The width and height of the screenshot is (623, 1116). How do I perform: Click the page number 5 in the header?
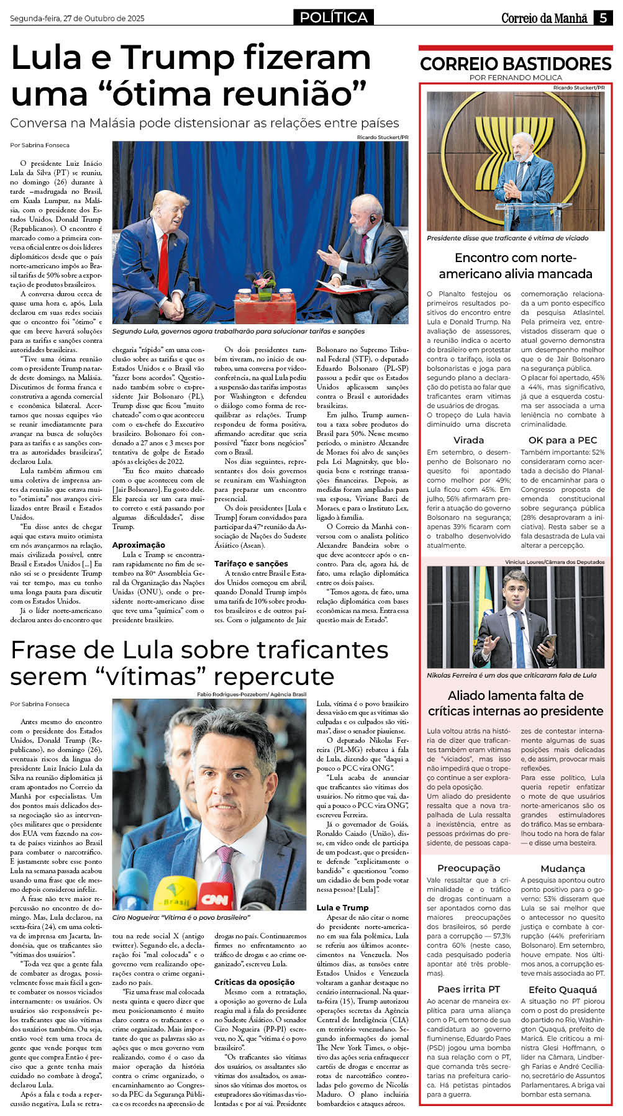click(x=603, y=18)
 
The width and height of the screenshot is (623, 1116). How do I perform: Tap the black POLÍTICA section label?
click(x=334, y=17)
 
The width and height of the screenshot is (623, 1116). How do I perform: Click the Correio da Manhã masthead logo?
click(x=544, y=19)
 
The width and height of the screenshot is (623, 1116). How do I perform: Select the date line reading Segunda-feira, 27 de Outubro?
click(x=77, y=19)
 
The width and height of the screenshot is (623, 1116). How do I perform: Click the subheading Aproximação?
click(x=139, y=545)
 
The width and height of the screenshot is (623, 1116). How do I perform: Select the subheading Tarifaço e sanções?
click(x=251, y=563)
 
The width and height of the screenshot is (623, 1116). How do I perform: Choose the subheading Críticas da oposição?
click(x=254, y=982)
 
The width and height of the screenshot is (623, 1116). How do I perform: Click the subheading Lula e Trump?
click(x=342, y=907)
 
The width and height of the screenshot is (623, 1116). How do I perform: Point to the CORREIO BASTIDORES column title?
click(x=516, y=63)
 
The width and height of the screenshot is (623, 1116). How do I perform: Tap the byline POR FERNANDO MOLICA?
click(x=516, y=78)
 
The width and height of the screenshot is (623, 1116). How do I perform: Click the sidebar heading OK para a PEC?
click(x=562, y=440)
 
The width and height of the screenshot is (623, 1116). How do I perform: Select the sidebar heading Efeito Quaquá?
click(x=562, y=989)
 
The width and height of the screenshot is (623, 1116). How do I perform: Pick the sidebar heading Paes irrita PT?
click(x=468, y=989)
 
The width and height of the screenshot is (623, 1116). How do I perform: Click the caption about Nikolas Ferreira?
click(x=511, y=675)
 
